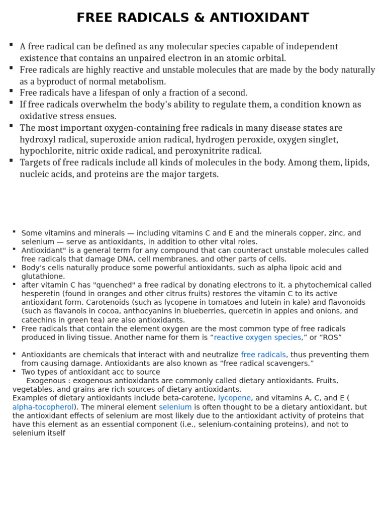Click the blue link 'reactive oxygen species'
coord(257,337)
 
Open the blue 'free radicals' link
coord(263,355)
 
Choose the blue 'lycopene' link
coord(234,398)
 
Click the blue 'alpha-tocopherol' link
coord(43,407)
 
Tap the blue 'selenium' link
coord(175,407)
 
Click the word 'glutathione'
coord(43,277)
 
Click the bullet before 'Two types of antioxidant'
coord(15,371)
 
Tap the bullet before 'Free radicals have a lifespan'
coord(11,91)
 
